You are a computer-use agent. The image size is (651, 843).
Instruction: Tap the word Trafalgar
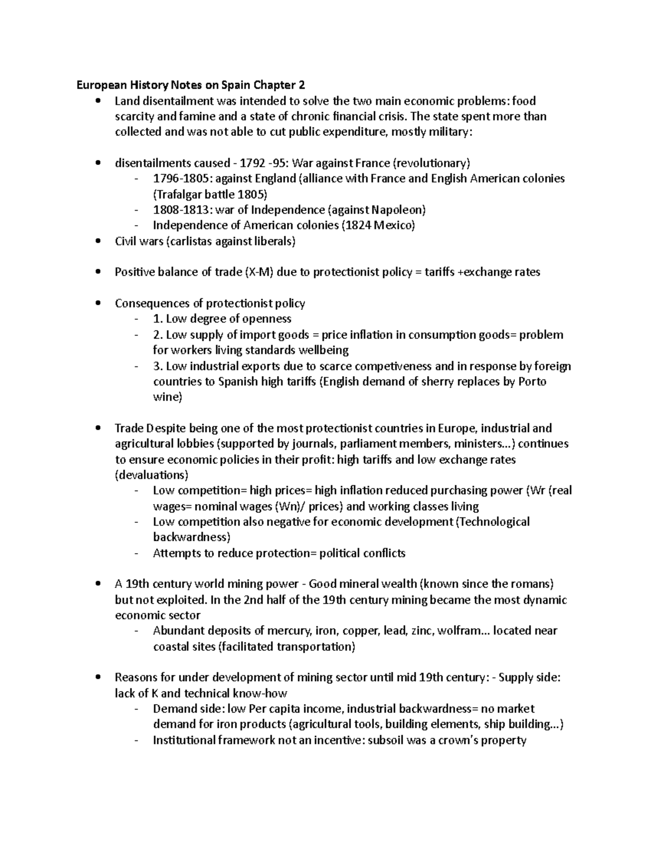pos(179,194)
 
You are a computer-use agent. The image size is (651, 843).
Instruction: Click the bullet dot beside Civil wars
pos(98,242)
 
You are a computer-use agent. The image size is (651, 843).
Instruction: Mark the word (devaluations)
pos(152,476)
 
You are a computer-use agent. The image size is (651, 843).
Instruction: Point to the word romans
pos(529,585)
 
